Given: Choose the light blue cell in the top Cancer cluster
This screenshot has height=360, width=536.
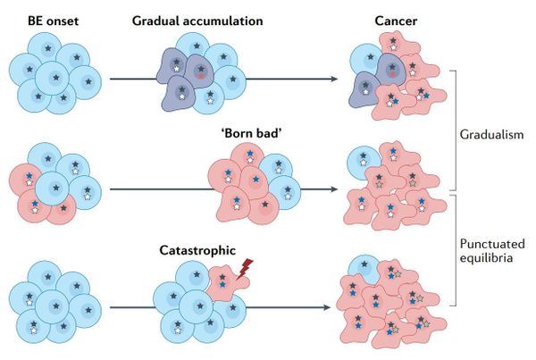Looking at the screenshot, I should pyautogui.click(x=365, y=59).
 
